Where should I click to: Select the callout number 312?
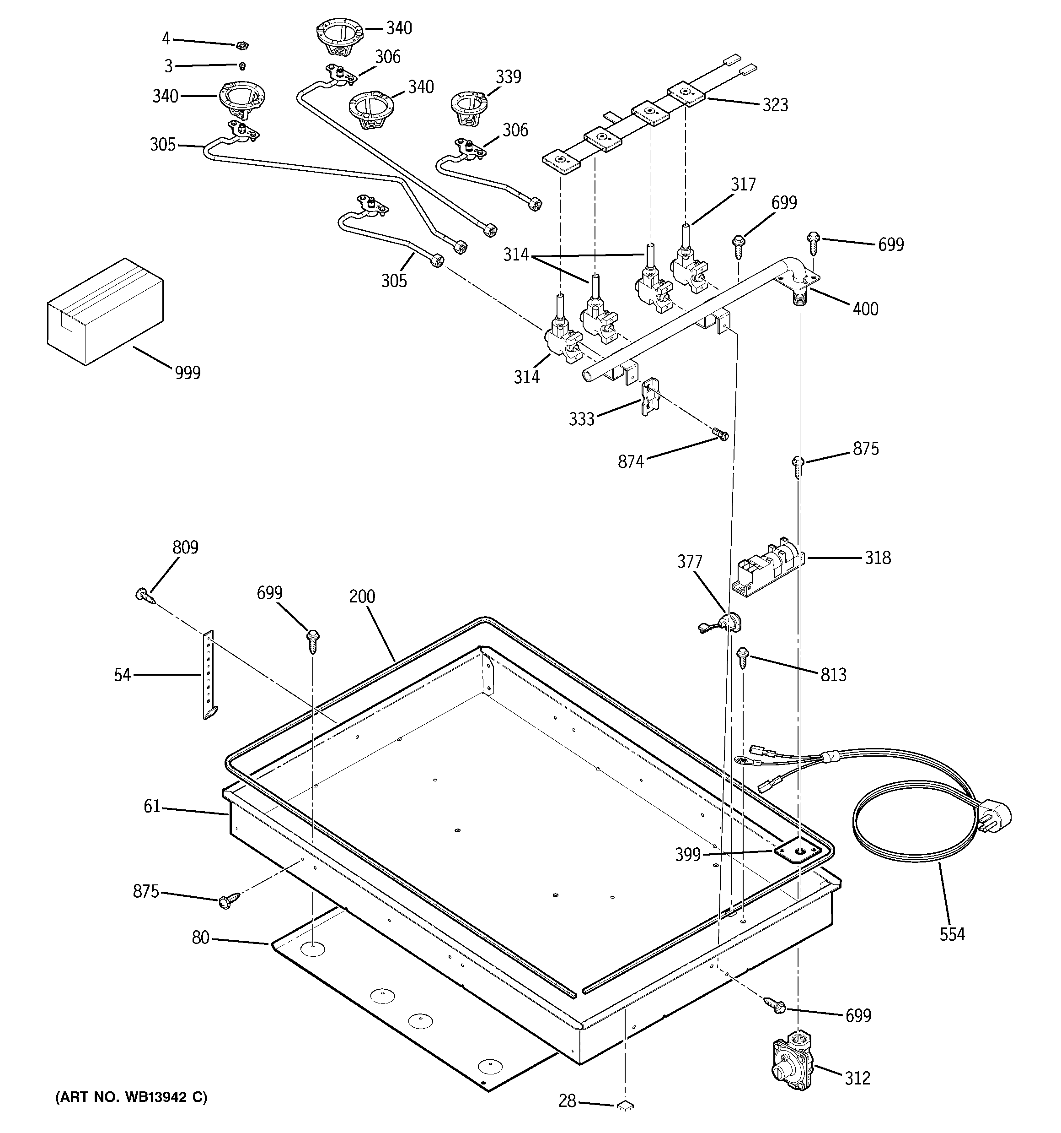point(857,1078)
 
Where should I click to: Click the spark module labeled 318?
point(766,566)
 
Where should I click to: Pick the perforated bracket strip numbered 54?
point(209,675)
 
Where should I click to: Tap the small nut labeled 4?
point(241,44)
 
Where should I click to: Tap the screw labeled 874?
point(720,435)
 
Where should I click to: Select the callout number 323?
point(775,105)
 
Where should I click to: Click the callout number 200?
point(362,596)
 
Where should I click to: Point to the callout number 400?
point(865,309)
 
